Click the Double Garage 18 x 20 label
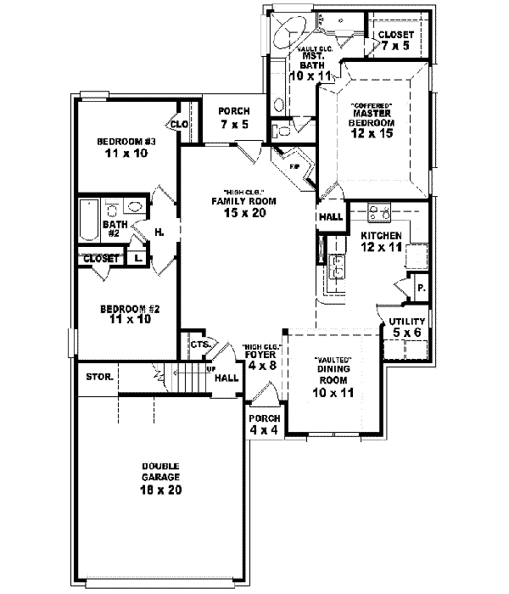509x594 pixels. pos(161,476)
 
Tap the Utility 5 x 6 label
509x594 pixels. pos(406,327)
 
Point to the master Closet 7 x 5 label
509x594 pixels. pos(395,41)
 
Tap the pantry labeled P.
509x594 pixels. pos(419,289)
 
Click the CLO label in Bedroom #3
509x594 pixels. pos(179,125)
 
